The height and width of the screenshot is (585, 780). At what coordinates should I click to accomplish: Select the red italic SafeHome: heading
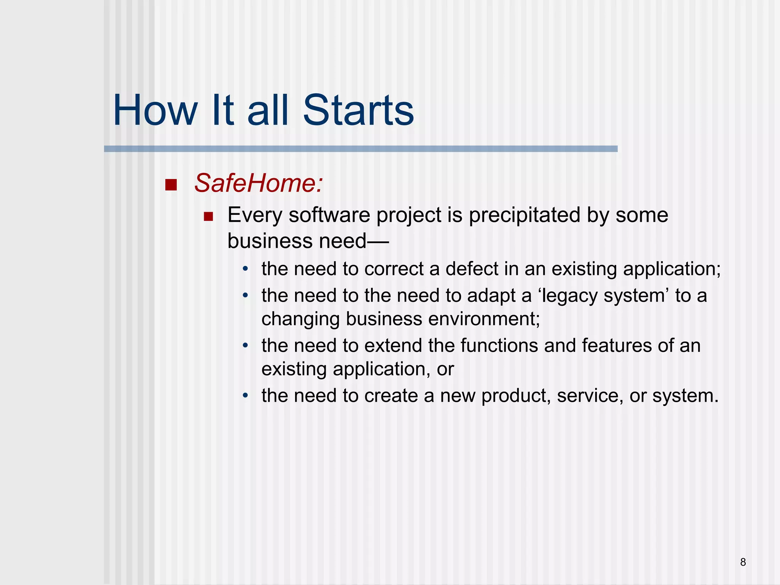(259, 183)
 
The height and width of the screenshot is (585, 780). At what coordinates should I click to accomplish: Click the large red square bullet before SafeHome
(171, 185)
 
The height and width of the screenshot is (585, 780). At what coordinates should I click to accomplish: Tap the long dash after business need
(378, 241)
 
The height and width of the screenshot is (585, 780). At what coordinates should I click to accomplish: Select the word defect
(472, 269)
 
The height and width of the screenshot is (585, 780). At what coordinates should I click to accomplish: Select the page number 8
(743, 562)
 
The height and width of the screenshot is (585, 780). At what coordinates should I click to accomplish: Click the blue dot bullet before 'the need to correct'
(246, 269)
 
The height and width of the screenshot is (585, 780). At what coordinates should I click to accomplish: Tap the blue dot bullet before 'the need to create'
(246, 396)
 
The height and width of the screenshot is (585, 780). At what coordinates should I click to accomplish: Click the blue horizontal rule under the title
(360, 149)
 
